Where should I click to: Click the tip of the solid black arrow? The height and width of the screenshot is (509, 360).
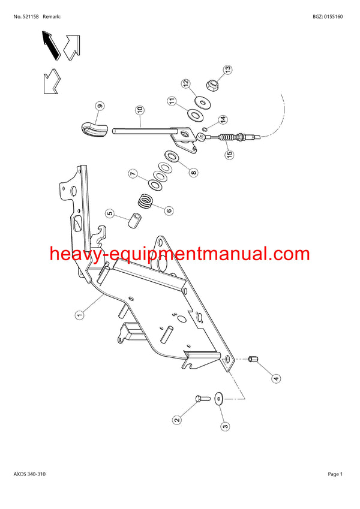tap(43, 31)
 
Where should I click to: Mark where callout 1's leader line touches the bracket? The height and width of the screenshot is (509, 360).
tap(104, 295)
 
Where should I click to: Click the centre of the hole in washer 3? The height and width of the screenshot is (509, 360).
tap(218, 399)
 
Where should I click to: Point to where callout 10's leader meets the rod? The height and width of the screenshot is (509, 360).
tap(140, 127)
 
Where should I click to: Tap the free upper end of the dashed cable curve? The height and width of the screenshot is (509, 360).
tap(280, 94)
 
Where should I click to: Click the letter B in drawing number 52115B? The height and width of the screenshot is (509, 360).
tap(37, 17)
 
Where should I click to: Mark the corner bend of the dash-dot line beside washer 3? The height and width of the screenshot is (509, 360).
tap(244, 399)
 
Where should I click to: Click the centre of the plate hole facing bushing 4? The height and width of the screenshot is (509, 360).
tap(227, 359)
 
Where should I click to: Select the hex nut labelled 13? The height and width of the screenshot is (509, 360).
tap(212, 86)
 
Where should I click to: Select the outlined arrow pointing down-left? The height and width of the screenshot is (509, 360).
tap(52, 82)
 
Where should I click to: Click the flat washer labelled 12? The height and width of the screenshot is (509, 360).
tap(202, 103)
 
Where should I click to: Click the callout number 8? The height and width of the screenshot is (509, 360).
tap(194, 173)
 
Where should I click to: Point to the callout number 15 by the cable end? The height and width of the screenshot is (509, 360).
tap(229, 155)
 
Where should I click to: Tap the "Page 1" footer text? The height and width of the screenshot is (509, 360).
tap(335, 474)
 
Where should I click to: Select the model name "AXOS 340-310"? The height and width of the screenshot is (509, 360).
tap(29, 474)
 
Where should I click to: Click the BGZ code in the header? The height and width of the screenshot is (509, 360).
tap(328, 17)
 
